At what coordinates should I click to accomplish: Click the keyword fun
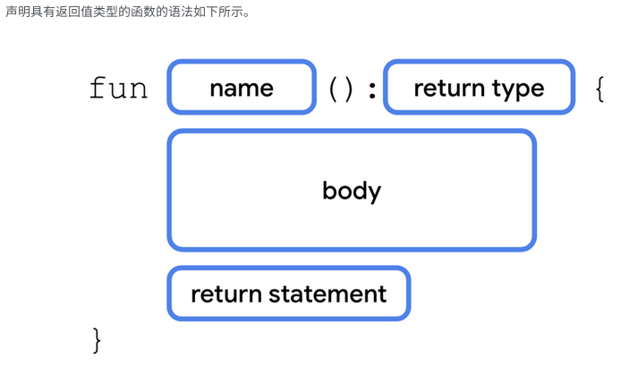click(x=118, y=89)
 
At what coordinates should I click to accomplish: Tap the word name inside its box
click(x=242, y=88)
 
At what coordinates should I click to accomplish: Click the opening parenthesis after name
click(x=333, y=89)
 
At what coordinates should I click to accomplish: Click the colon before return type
click(x=372, y=90)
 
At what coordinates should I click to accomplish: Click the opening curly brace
click(x=599, y=89)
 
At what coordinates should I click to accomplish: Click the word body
click(x=352, y=191)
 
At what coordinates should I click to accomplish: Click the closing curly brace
click(x=97, y=340)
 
